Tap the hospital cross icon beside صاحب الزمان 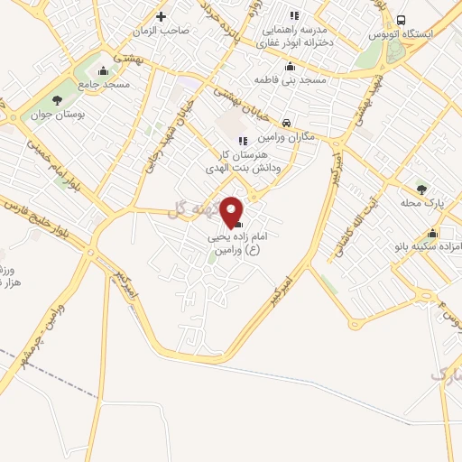(x=162, y=16)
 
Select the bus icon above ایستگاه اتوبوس (x=401, y=20)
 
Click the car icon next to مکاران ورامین (x=285, y=123)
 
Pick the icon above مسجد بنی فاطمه (x=290, y=66)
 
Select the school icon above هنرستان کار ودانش (x=242, y=140)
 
